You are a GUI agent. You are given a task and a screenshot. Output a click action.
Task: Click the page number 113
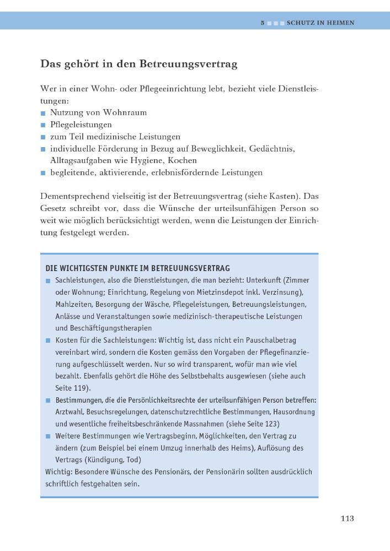[x=347, y=518]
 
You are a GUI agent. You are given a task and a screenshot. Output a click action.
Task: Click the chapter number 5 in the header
[x=263, y=23]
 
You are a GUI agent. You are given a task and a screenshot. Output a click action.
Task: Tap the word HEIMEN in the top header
[x=340, y=23]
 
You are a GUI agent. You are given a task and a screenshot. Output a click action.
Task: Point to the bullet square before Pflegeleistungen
[x=43, y=125]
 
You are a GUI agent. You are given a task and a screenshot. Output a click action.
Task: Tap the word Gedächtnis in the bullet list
[x=272, y=149]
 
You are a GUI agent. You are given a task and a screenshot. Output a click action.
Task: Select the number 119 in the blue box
[x=79, y=387]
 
